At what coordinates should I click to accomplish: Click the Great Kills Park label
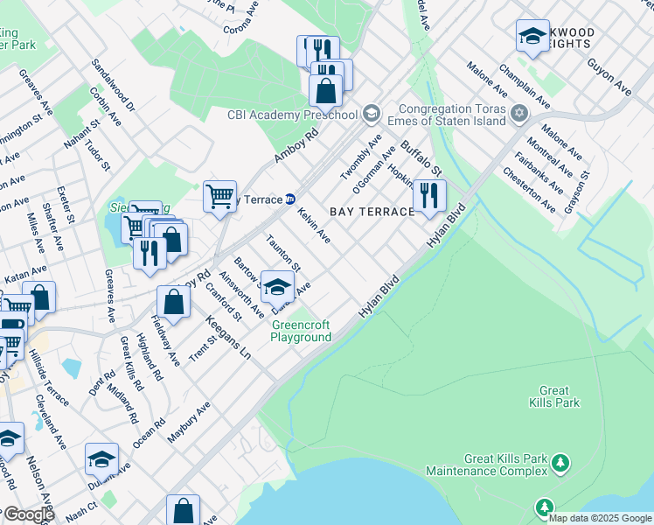(x=554, y=396)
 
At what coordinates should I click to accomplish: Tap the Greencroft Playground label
(x=301, y=331)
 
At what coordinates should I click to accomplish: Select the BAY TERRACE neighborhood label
(x=371, y=212)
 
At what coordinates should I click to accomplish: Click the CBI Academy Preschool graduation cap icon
(x=371, y=114)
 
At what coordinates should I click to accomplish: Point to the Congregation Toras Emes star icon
(x=519, y=114)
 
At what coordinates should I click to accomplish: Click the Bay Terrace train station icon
(x=289, y=199)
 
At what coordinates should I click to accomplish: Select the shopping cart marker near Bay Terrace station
(x=219, y=195)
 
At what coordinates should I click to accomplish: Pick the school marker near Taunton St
(x=277, y=287)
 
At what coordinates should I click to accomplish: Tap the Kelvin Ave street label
(x=314, y=226)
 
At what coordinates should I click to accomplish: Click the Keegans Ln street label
(x=227, y=339)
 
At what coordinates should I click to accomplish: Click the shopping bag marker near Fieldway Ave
(x=174, y=302)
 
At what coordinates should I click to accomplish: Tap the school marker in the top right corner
(x=532, y=36)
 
